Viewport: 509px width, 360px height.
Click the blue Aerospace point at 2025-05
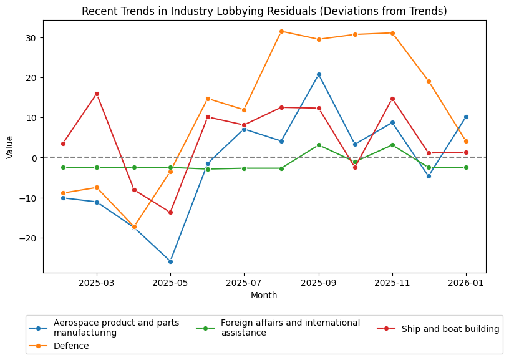[x=170, y=261]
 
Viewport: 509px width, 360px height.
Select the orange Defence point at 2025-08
[x=281, y=31]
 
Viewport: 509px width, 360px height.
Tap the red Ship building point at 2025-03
[x=97, y=94]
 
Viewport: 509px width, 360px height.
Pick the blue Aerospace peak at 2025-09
[x=319, y=74]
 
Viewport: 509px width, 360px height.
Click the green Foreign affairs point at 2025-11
[x=392, y=145]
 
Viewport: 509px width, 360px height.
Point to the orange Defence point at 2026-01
[x=466, y=141]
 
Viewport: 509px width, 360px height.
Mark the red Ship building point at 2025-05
[x=170, y=212]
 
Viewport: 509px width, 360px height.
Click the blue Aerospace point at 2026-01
[x=466, y=117]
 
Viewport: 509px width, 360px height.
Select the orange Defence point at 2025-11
[x=392, y=33]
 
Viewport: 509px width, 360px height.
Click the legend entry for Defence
[x=71, y=346]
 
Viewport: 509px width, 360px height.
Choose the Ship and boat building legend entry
[x=450, y=329]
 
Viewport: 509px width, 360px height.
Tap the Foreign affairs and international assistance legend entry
[x=290, y=328]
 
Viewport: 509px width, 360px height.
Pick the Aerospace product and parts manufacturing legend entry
[x=116, y=328]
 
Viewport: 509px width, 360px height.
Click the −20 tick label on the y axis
[x=29, y=238]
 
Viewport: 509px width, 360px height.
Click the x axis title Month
[x=264, y=296]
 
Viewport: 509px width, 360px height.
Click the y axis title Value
[x=9, y=147]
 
